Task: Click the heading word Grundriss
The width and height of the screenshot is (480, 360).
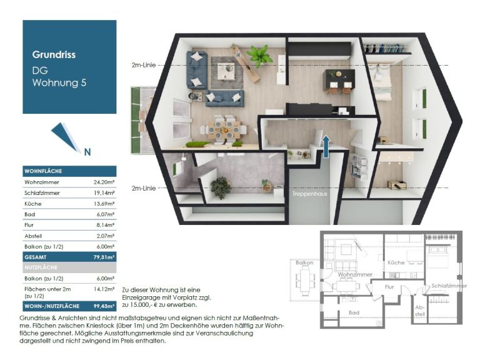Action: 54,54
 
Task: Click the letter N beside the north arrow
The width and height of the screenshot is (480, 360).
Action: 87,152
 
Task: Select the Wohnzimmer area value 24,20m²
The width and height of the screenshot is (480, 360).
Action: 104,182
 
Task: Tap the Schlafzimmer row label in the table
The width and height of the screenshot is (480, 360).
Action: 42,193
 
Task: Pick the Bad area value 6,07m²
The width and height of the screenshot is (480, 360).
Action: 106,214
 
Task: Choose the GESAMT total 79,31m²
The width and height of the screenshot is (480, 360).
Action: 104,257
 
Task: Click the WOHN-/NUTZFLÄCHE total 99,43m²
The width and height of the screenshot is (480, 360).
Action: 104,306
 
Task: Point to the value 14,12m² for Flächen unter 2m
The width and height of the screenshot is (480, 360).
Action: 104,289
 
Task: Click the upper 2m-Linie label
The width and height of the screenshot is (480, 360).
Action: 144,65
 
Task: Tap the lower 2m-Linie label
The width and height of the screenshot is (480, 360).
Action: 144,188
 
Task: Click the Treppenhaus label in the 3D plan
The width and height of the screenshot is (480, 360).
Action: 309,194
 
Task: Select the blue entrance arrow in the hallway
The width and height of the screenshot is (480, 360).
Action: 326,147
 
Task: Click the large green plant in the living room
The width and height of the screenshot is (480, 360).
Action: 259,56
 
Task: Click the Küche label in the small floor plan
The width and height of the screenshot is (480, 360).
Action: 396,262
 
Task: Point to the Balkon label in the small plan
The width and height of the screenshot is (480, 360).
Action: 304,262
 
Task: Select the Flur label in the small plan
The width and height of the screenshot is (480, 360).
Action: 389,287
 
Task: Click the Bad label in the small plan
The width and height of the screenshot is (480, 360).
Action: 354,312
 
